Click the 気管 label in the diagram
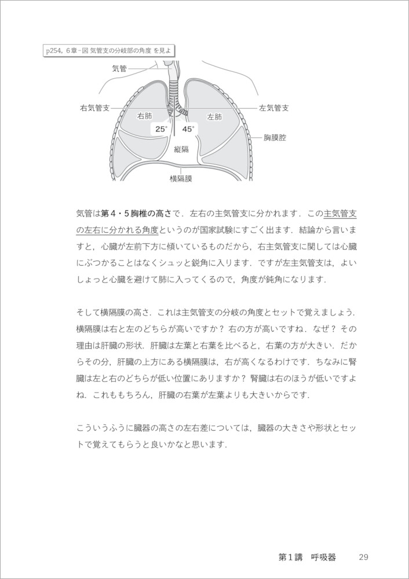120,68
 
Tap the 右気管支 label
96,108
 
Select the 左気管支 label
274,108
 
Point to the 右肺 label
145,116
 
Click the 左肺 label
214,116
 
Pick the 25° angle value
160,129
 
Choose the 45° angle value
188,129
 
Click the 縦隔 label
182,149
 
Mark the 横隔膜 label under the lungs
181,179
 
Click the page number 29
363,558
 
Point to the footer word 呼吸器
323,558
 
